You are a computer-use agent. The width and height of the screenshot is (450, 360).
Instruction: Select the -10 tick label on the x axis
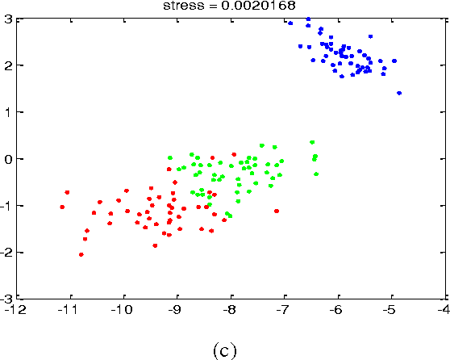tap(123, 308)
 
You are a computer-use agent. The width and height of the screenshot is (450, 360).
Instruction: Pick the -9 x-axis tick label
tap(177, 308)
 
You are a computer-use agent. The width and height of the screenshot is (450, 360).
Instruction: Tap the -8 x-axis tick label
tap(230, 308)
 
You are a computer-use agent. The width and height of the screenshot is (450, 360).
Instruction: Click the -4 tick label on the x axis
tap(444, 308)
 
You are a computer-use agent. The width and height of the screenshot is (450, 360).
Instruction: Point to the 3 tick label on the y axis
tap(7, 19)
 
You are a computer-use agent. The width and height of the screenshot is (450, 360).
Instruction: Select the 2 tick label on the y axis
tap(7, 65)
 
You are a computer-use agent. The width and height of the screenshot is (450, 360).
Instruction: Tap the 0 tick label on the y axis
tap(7, 158)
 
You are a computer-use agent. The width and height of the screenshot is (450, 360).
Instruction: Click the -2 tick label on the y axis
tap(6, 253)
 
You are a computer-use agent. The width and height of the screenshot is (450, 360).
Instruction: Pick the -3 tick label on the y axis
tap(6, 298)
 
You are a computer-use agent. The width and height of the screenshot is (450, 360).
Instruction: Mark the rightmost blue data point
tap(399, 94)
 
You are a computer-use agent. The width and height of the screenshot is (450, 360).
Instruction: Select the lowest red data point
tap(81, 254)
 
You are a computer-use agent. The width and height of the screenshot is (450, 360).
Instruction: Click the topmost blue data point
tap(307, 19)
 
